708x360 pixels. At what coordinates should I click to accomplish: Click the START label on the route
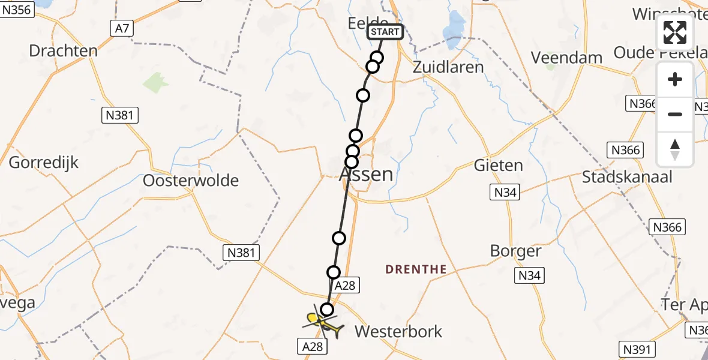pyautogui.click(x=384, y=32)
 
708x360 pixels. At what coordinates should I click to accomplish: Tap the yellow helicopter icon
pyautogui.click(x=324, y=323)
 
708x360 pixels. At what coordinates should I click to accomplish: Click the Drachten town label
pyautogui.click(x=63, y=50)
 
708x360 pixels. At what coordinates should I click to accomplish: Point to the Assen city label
pyautogui.click(x=367, y=175)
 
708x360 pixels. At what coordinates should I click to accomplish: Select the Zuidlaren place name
pyautogui.click(x=448, y=67)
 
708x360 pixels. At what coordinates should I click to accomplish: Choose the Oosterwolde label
pyautogui.click(x=191, y=180)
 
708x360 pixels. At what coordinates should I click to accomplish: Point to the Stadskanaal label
pyautogui.click(x=627, y=176)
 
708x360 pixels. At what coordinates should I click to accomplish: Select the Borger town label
pyautogui.click(x=515, y=251)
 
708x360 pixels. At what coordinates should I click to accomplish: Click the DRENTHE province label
pyautogui.click(x=416, y=269)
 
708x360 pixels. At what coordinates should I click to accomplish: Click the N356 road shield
pyautogui.click(x=17, y=11)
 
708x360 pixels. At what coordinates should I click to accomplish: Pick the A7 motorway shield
pyautogui.click(x=122, y=27)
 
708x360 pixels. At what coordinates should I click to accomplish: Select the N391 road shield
pyautogui.click(x=637, y=349)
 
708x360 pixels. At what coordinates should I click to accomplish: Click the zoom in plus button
pyautogui.click(x=675, y=80)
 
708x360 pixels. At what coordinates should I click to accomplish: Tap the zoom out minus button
pyautogui.click(x=675, y=114)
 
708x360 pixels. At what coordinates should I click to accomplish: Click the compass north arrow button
pyautogui.click(x=675, y=149)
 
